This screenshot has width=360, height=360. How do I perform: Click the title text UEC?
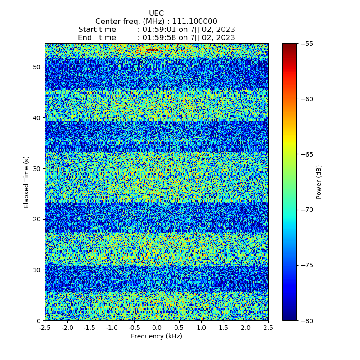156,13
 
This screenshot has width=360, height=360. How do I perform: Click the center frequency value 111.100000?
195,22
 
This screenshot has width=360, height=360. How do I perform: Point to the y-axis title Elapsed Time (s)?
27,182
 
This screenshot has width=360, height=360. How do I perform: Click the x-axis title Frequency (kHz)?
157,336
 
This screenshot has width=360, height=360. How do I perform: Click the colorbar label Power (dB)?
319,182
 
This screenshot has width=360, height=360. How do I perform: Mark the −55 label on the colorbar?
307,44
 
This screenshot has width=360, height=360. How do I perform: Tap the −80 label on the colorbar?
307,321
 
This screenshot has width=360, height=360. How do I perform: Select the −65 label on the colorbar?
307,154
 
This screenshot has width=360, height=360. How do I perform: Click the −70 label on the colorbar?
307,210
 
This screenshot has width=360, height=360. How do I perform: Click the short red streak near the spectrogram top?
153,50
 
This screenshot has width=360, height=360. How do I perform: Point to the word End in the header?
85,38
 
